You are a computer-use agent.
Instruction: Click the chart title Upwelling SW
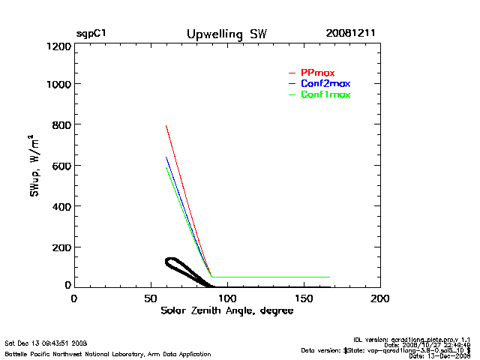coord(226,34)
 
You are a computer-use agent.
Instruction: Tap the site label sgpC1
coord(91,34)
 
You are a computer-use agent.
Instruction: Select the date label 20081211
coord(350,34)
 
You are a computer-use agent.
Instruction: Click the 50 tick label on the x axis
coord(150,298)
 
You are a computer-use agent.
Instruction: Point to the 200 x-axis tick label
coord(380,298)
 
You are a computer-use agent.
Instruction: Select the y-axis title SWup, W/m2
coord(35,166)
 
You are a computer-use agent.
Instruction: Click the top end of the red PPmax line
coord(166,126)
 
